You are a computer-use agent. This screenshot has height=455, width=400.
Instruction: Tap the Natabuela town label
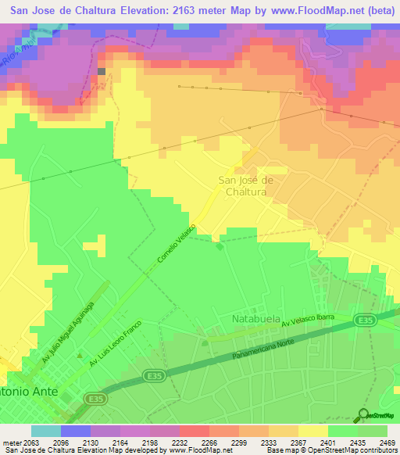pos(258,319)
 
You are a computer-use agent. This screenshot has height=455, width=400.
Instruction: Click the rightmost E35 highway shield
pos(362,319)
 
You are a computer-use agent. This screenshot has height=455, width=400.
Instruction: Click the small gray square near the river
pos(101,71)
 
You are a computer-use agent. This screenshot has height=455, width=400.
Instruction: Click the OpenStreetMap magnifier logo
pos(362,415)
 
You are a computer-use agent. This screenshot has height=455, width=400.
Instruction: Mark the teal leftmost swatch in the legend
pos(46,430)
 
